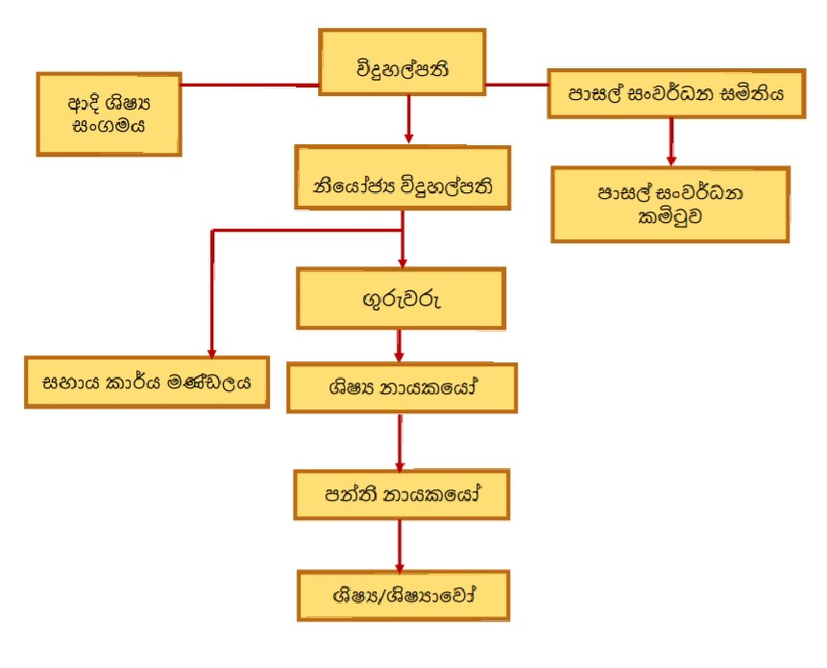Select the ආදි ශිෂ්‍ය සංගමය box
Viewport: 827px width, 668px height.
point(109,113)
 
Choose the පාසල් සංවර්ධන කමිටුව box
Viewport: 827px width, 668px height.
point(669,204)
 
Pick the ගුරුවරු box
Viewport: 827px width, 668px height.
point(401,298)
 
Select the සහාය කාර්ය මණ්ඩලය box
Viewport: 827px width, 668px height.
point(147,381)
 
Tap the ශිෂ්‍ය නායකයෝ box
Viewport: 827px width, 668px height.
point(401,388)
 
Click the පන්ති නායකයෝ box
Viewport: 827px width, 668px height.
point(401,496)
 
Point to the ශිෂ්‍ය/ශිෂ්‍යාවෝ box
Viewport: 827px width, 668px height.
point(401,596)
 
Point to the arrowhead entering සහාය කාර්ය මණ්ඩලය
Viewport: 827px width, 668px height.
point(211,350)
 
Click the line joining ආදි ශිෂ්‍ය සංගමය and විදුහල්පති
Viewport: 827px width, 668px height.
point(250,85)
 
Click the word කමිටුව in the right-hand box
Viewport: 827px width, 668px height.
point(669,216)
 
